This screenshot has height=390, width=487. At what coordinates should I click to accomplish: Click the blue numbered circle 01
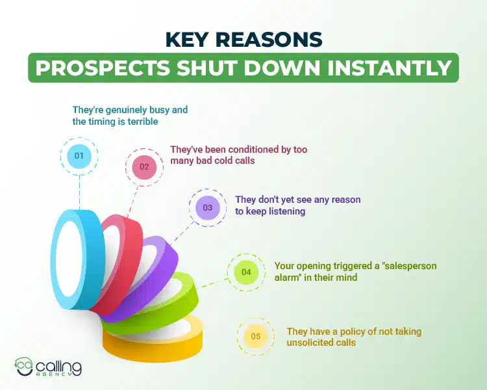79,156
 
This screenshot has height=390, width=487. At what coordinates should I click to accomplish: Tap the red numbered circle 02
144,167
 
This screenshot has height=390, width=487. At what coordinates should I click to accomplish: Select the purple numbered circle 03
208,208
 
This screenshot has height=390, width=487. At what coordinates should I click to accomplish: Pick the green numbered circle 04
246,272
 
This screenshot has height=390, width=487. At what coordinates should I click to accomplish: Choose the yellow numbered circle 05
256,336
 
